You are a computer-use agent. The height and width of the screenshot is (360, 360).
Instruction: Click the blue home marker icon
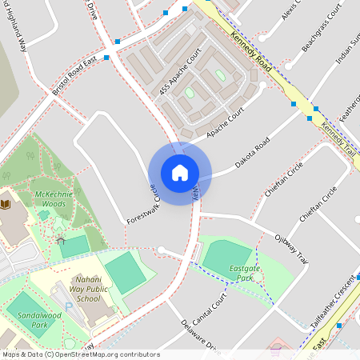tap(180, 173)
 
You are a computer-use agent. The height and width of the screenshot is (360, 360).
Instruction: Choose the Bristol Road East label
tap(79, 76)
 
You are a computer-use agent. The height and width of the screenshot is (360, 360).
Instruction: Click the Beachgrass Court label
tap(318, 38)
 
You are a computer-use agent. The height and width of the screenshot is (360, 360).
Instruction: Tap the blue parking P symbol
tap(68, 306)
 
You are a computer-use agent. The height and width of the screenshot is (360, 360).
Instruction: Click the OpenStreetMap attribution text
tap(80, 354)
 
